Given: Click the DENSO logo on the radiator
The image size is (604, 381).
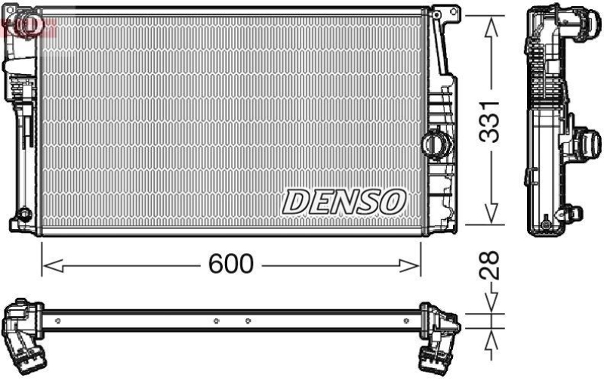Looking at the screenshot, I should click(345, 201).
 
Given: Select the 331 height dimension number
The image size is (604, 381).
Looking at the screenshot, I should click(492, 120).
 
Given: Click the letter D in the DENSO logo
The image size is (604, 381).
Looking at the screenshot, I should click(296, 202).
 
